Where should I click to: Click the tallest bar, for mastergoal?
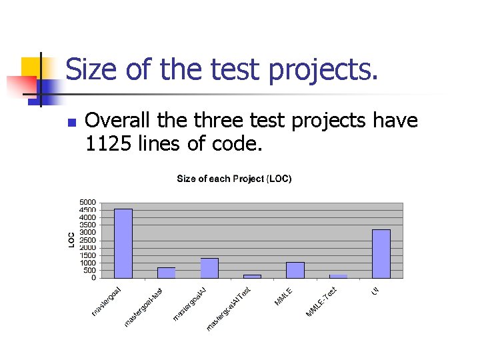click(x=123, y=243)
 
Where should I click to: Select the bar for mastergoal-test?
click(x=166, y=273)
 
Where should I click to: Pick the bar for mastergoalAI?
click(x=209, y=267)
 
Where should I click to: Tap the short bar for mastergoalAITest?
click(x=252, y=275)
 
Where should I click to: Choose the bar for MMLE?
click(x=295, y=269)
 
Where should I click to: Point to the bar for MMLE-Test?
click(x=338, y=275)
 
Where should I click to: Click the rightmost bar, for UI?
click(x=381, y=253)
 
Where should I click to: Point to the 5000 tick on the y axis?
click(x=87, y=202)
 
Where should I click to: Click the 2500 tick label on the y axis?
click(x=87, y=240)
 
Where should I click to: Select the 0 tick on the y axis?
click(x=93, y=278)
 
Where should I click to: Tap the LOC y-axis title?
click(x=71, y=240)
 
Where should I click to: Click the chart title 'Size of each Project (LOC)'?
click(x=234, y=179)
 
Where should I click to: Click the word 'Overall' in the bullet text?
click(x=114, y=121)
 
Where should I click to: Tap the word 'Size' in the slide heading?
click(x=90, y=69)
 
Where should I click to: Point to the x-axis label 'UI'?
click(x=375, y=291)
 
